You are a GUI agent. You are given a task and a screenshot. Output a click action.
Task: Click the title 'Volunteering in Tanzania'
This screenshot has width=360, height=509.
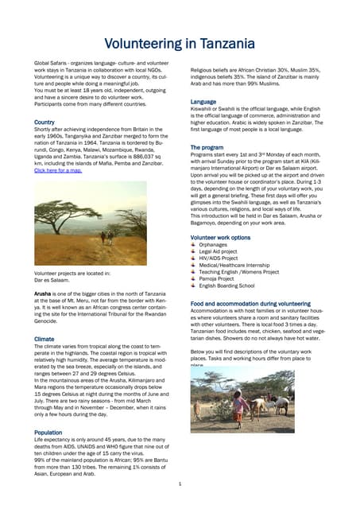click(x=180, y=41)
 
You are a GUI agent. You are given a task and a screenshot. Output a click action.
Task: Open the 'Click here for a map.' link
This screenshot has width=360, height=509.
click(x=57, y=170)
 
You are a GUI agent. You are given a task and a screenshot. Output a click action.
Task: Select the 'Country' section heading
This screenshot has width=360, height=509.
click(x=44, y=122)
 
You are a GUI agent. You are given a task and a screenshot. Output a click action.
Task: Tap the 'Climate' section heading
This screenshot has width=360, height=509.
click(x=44, y=339)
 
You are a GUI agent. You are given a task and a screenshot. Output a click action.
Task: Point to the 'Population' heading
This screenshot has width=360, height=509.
click(x=48, y=433)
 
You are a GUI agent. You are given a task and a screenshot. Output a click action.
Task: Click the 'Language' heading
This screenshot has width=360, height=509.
click(x=203, y=102)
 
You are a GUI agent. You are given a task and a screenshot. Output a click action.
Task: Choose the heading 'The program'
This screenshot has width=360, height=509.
click(x=207, y=148)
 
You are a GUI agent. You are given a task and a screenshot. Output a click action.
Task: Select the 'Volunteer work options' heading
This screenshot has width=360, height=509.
click(x=220, y=238)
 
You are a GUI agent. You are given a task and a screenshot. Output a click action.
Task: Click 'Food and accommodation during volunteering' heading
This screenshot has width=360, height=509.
click(x=250, y=304)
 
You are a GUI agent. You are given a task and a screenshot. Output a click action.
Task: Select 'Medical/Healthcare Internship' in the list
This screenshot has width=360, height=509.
click(x=239, y=265)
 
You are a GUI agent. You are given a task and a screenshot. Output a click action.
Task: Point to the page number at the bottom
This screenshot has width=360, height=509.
click(x=180, y=483)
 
